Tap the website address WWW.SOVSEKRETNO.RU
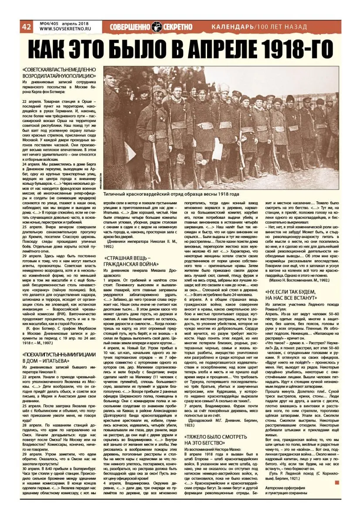coord(61,30)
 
